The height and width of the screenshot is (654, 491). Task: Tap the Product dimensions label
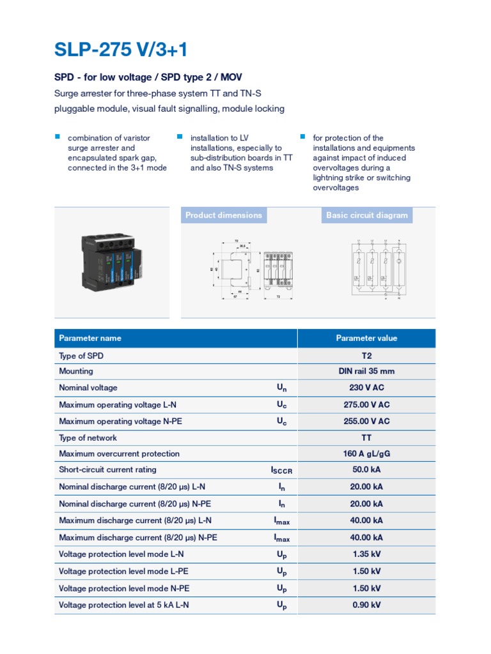224,215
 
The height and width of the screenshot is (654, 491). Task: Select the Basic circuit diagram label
366,215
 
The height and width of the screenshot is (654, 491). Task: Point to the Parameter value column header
366,338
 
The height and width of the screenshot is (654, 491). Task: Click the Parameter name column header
90,338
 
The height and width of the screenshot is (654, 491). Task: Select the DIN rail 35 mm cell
366,371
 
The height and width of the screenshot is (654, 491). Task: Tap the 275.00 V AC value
366,404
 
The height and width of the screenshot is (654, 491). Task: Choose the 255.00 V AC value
366,421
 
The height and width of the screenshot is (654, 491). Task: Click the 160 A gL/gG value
366,453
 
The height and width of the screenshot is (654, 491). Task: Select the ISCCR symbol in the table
281,471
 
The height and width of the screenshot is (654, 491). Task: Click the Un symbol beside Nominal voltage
281,388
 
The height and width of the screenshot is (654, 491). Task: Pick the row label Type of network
88,437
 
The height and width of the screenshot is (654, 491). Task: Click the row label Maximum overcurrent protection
119,453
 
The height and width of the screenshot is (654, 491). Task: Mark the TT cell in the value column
366,437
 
